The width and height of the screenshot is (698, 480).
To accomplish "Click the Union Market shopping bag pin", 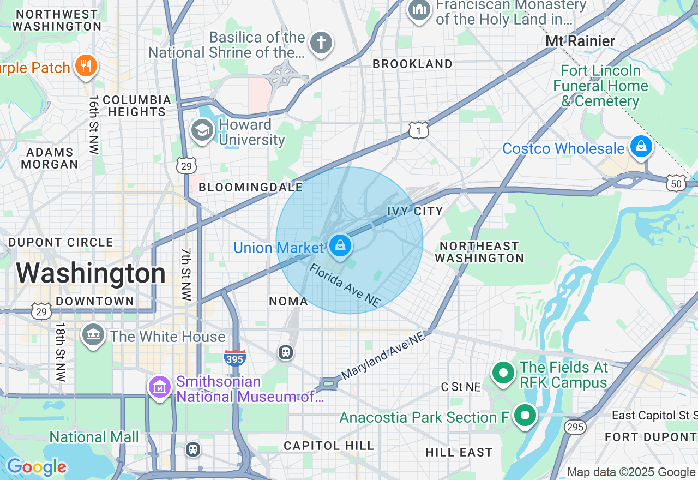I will pos(340,246).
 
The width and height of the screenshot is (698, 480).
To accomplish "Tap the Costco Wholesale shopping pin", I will pos(641,146).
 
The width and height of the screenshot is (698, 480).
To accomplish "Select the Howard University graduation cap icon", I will pos(202,131).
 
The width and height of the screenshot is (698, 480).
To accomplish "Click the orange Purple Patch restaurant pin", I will pos(86,66).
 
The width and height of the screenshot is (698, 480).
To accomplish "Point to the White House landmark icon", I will pos(93,335).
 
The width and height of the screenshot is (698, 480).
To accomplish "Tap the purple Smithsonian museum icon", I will pos(160,388).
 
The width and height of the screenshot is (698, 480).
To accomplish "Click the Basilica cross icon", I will pos(321,43).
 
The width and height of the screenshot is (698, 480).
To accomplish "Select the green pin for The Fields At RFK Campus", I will pos(503,374).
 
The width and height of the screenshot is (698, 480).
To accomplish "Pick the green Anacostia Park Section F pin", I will pos(525,416).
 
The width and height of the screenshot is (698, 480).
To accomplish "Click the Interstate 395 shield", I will pos(234,358).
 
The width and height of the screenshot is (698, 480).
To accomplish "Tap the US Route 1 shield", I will pos(418,130).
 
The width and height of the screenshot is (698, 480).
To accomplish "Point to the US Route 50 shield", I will pos(676,184).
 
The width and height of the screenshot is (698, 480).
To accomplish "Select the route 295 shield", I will pos(575,426).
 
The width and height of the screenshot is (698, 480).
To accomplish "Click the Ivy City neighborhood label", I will pos(414,211).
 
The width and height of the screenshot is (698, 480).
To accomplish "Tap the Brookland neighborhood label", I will pos(412,64).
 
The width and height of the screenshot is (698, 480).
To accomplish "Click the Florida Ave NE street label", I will pos(345,285).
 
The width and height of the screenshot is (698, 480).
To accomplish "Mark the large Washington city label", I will pos(91,273).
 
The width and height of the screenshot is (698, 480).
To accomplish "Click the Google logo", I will pos(37,467).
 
